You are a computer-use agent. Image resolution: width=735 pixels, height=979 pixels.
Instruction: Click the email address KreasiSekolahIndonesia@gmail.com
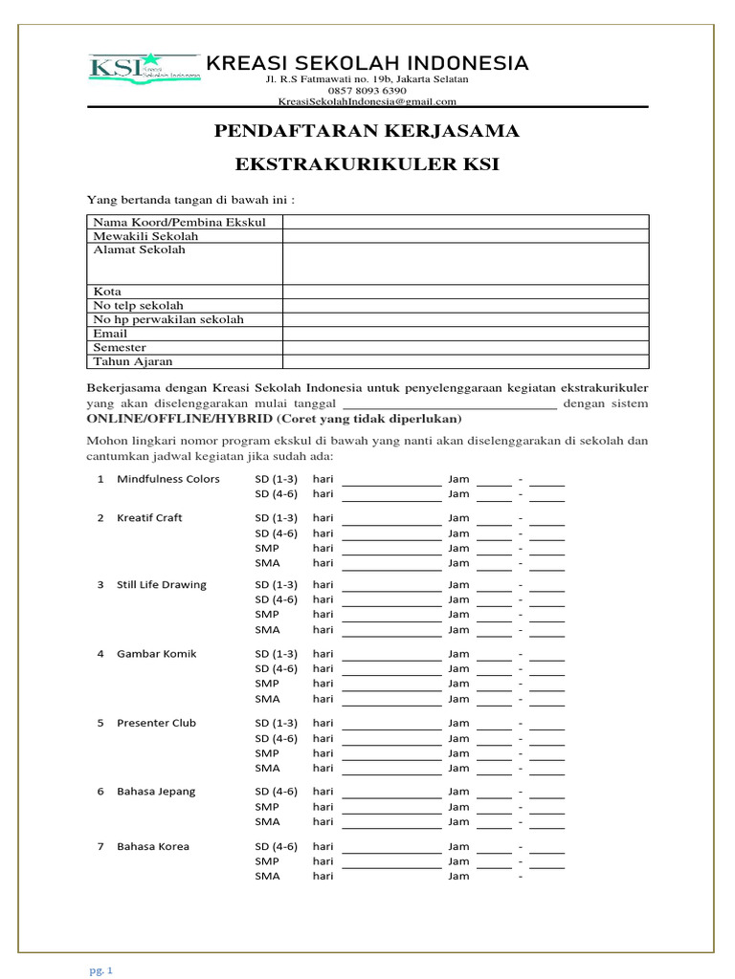coord(367,101)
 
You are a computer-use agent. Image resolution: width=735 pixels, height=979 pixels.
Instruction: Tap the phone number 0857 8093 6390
coord(367,91)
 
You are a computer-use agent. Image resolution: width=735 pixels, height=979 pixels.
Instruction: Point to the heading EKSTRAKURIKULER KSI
coord(367,165)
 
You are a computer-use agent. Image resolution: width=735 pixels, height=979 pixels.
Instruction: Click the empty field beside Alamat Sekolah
coord(465,263)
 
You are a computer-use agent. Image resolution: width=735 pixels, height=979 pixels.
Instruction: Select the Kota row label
coord(107,292)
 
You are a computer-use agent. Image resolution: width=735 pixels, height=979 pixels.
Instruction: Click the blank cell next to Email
coord(465,334)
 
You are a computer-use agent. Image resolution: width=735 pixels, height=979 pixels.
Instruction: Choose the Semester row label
coord(120,348)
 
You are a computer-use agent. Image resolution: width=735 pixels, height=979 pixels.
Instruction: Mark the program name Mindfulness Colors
coord(167,479)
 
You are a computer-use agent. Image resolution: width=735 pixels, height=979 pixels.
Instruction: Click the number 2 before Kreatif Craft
coord(100,517)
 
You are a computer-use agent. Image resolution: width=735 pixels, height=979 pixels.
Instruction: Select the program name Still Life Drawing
coord(161,584)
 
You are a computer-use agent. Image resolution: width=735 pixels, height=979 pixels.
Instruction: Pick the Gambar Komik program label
coord(156,653)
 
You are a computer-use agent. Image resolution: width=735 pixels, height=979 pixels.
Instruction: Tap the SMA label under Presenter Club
coord(267,768)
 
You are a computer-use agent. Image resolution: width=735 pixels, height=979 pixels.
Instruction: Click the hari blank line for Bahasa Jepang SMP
coord(391,808)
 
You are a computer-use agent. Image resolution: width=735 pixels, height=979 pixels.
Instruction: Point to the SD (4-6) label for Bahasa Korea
coord(276,846)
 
